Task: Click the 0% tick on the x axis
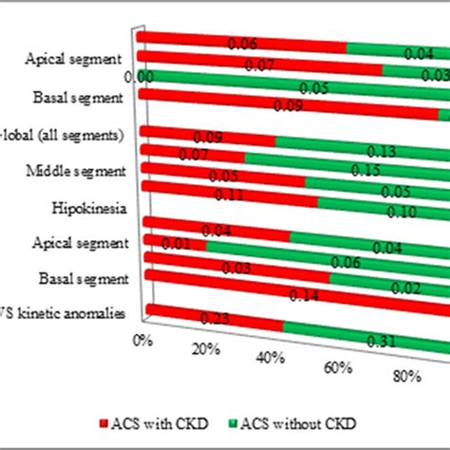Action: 142,339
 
